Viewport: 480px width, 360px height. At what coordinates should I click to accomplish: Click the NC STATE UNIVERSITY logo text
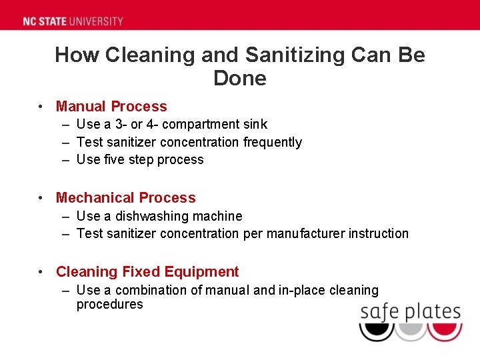pos(73,21)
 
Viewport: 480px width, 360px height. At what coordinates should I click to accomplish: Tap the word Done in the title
pos(239,79)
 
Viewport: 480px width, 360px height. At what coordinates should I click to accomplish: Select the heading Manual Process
pos(111,107)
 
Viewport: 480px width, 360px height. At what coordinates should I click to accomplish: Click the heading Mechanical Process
pos(126,198)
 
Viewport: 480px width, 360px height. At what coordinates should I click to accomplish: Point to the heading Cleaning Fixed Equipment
pos(147,272)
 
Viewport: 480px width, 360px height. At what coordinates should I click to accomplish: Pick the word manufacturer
pos(305,233)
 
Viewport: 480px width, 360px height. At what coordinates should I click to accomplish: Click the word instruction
pos(379,233)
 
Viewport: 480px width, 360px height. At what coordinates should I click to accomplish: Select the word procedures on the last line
pos(109,305)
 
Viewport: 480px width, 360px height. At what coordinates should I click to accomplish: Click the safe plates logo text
pos(410,312)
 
